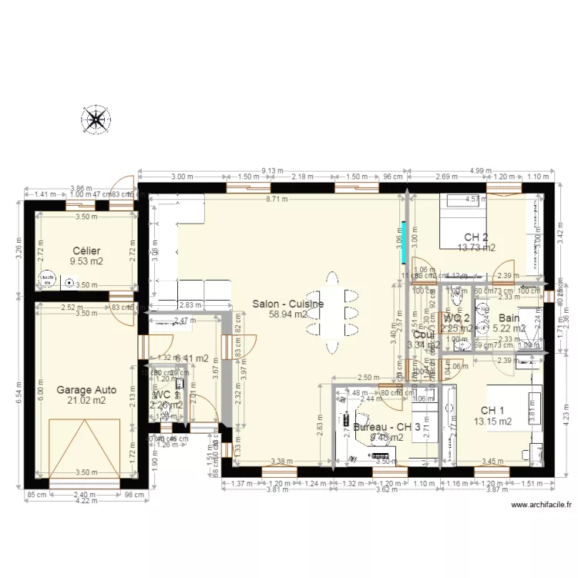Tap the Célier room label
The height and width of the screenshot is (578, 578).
coord(87,251)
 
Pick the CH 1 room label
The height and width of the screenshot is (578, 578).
coord(492,410)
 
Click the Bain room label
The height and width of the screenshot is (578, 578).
coord(509,318)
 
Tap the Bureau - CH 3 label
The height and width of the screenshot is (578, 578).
coord(386,427)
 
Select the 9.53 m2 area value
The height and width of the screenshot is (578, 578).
coord(87,262)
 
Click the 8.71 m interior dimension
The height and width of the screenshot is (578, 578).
coord(277,199)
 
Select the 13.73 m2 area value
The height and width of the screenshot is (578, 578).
coord(476,248)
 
